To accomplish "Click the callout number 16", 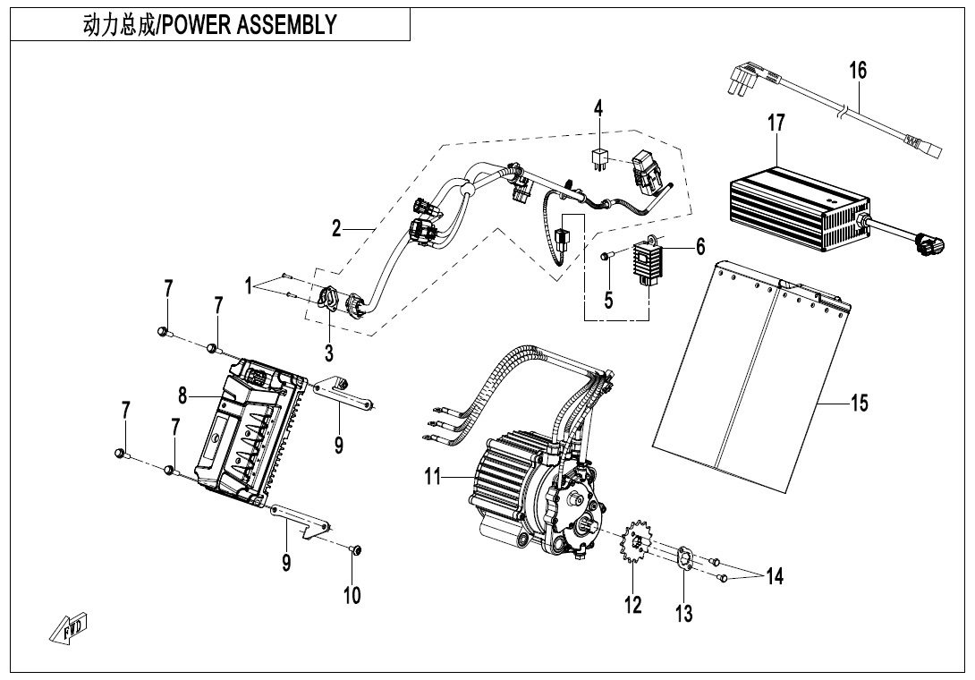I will click(858, 71).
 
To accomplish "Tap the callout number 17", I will click(776, 123).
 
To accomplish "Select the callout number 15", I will click(858, 404).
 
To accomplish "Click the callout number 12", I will click(633, 606).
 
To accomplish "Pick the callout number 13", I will click(684, 613).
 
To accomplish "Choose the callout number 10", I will click(352, 595).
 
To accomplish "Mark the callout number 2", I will click(336, 229).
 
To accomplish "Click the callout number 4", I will click(598, 109).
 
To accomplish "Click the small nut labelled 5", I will click(606, 257).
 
